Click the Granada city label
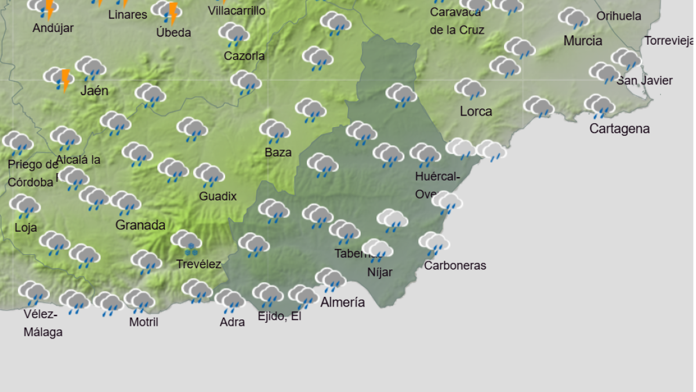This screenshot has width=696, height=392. tap(140, 225)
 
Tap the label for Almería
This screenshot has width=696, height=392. tap(343, 302)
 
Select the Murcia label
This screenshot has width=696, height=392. tap(582, 41)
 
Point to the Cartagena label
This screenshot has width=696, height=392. tap(619, 128)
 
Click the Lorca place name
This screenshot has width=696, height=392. tap(476, 111)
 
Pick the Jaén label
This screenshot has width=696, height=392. tap(95, 90)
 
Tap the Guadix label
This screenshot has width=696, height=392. tap(217, 196)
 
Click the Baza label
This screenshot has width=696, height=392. tap(278, 152)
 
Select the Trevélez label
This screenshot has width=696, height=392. tap(198, 264)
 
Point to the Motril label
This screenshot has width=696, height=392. tap(143, 322)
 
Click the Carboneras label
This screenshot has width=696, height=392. tap(455, 265)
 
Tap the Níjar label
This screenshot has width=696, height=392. tap(380, 272)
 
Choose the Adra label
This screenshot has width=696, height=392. tap(232, 322)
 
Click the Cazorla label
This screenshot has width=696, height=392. tap(244, 56)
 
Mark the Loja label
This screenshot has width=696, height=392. tap(26, 227)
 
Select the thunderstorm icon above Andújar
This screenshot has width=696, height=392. tap(44, 8)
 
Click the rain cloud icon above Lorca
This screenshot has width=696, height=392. tap(470, 89)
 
